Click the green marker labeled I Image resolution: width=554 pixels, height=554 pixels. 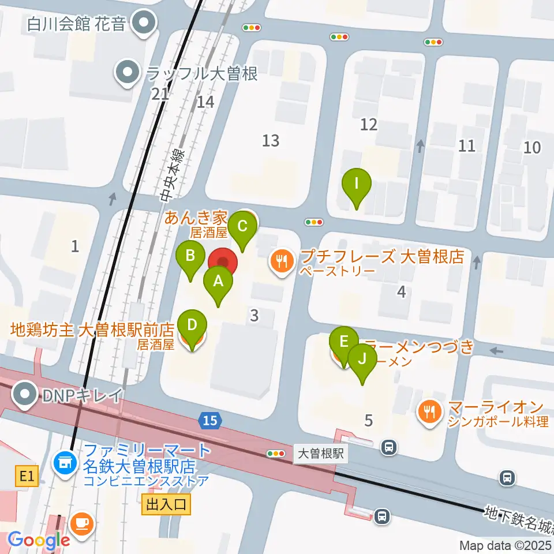(x=356, y=186)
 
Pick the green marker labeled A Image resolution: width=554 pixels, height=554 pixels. (x=218, y=283)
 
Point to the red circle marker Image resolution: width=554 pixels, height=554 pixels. (x=223, y=263)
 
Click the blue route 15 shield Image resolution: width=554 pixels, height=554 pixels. (x=211, y=421)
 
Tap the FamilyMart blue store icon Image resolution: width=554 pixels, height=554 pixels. (x=63, y=461)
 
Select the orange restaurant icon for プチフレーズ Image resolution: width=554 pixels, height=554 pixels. (x=282, y=261)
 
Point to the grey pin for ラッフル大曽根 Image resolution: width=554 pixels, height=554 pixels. (x=127, y=73)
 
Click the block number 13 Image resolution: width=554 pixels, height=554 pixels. (x=271, y=140)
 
